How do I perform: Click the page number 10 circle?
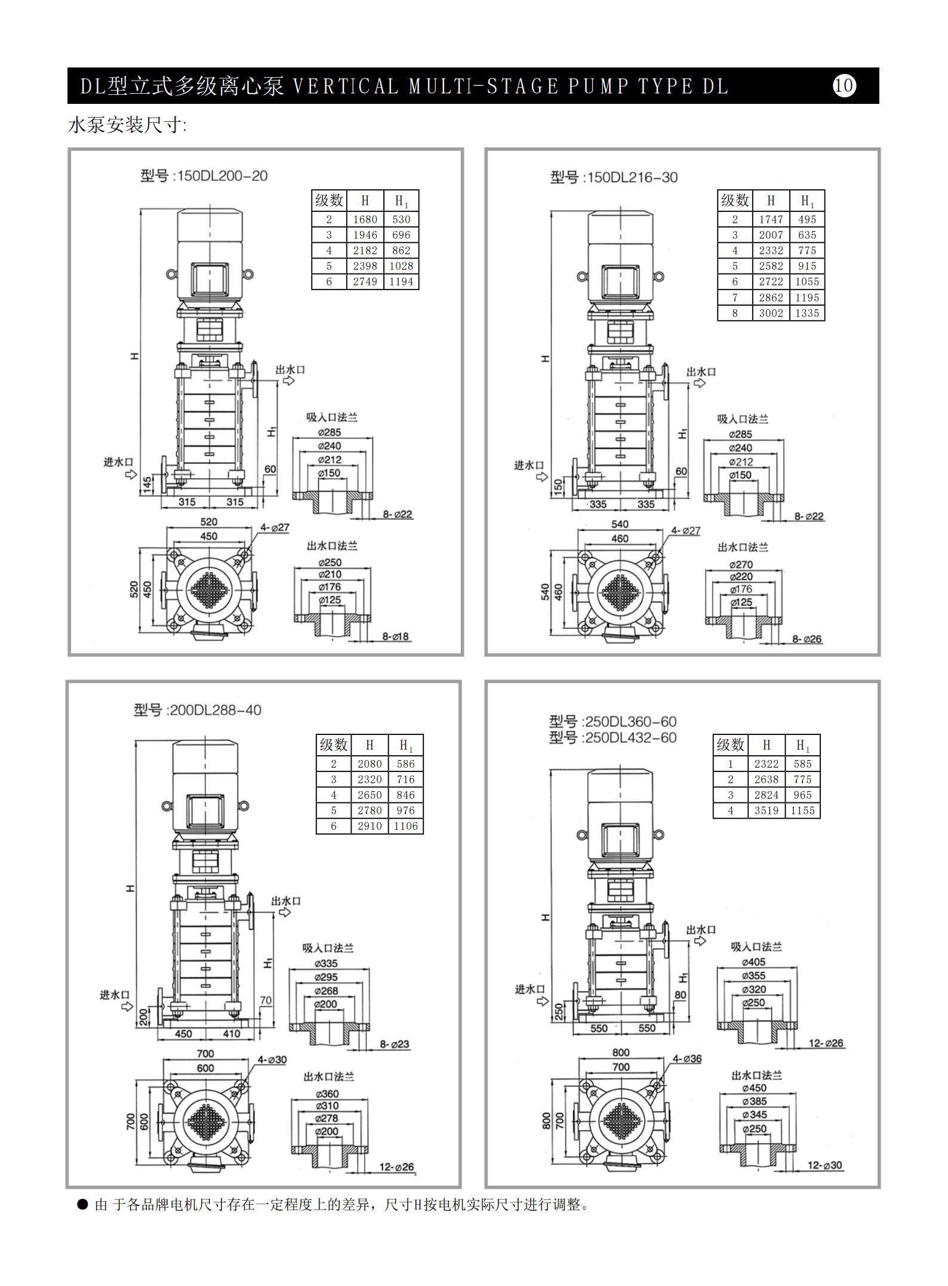(x=844, y=85)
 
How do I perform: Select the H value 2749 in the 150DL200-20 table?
(x=365, y=282)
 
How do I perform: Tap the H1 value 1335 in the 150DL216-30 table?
(x=807, y=313)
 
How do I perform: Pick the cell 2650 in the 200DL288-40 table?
(x=370, y=795)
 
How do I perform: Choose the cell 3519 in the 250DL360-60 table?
(x=767, y=810)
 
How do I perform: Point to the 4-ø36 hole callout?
(x=687, y=1059)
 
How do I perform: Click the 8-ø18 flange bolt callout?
(x=396, y=636)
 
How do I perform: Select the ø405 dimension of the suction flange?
(x=753, y=962)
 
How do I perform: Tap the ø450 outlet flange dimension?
(x=754, y=1088)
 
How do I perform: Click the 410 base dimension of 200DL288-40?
(x=231, y=1033)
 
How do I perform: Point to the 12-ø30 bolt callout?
(x=825, y=1165)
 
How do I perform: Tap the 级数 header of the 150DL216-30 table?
(x=735, y=200)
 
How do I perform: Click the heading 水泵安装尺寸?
(x=127, y=125)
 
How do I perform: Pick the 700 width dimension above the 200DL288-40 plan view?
(x=205, y=1054)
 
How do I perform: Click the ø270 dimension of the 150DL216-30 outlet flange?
(x=741, y=564)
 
